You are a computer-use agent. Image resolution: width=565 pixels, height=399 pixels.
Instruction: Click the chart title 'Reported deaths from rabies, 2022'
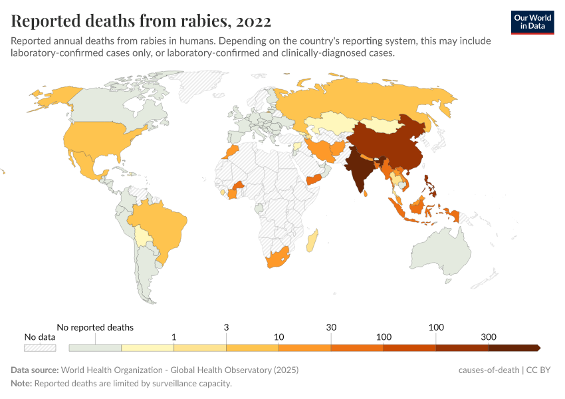click(141, 21)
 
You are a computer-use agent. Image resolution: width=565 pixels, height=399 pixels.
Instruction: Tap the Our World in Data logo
click(532, 22)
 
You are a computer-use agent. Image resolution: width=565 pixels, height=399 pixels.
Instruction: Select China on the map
click(392, 146)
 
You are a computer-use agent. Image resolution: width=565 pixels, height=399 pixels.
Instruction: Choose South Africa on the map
click(280, 259)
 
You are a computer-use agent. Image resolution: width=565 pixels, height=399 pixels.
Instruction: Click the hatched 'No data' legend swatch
click(40, 348)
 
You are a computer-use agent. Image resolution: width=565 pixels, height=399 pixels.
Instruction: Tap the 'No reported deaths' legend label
click(95, 327)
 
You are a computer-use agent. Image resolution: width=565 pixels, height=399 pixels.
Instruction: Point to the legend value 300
click(489, 337)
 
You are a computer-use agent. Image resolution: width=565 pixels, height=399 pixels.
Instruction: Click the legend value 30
click(330, 327)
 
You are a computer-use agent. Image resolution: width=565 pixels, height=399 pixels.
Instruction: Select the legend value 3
click(226, 327)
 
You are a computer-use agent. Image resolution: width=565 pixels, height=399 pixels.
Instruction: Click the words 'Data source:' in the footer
click(35, 370)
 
